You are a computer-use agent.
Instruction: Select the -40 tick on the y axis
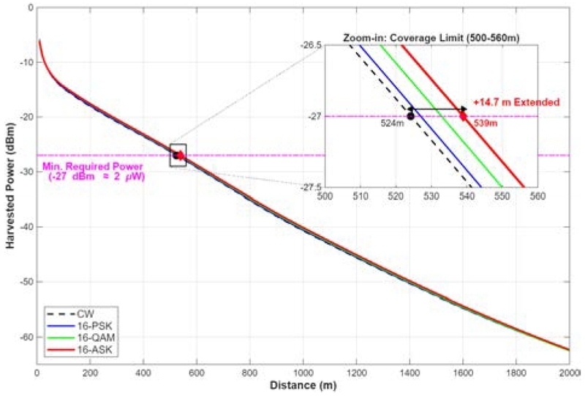(x=25, y=226)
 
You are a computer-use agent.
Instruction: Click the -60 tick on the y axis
(x=25, y=337)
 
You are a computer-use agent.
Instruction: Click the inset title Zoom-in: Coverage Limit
(x=432, y=37)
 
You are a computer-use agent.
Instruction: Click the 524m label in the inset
(x=392, y=124)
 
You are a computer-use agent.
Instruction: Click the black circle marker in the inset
(x=410, y=116)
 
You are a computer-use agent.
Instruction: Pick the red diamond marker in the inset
(x=463, y=115)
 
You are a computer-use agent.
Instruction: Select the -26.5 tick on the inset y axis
(x=309, y=45)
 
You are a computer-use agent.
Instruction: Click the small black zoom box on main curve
(x=178, y=155)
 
